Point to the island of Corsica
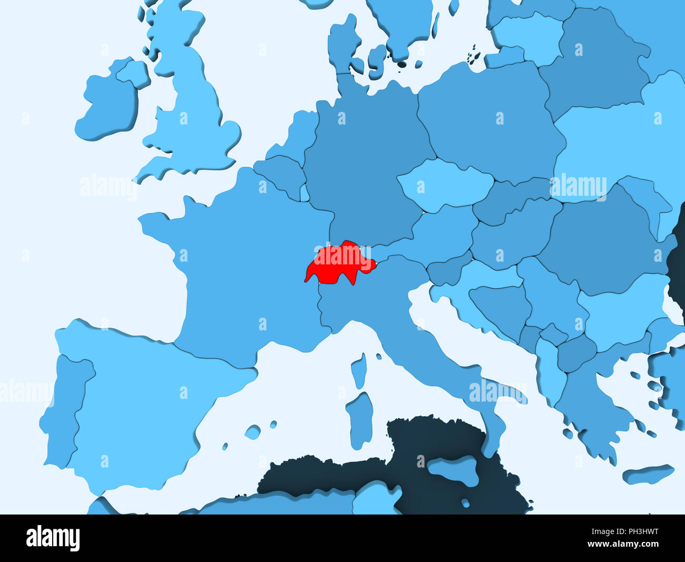click(359, 370)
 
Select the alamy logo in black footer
click(53, 538)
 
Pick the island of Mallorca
click(253, 432)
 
